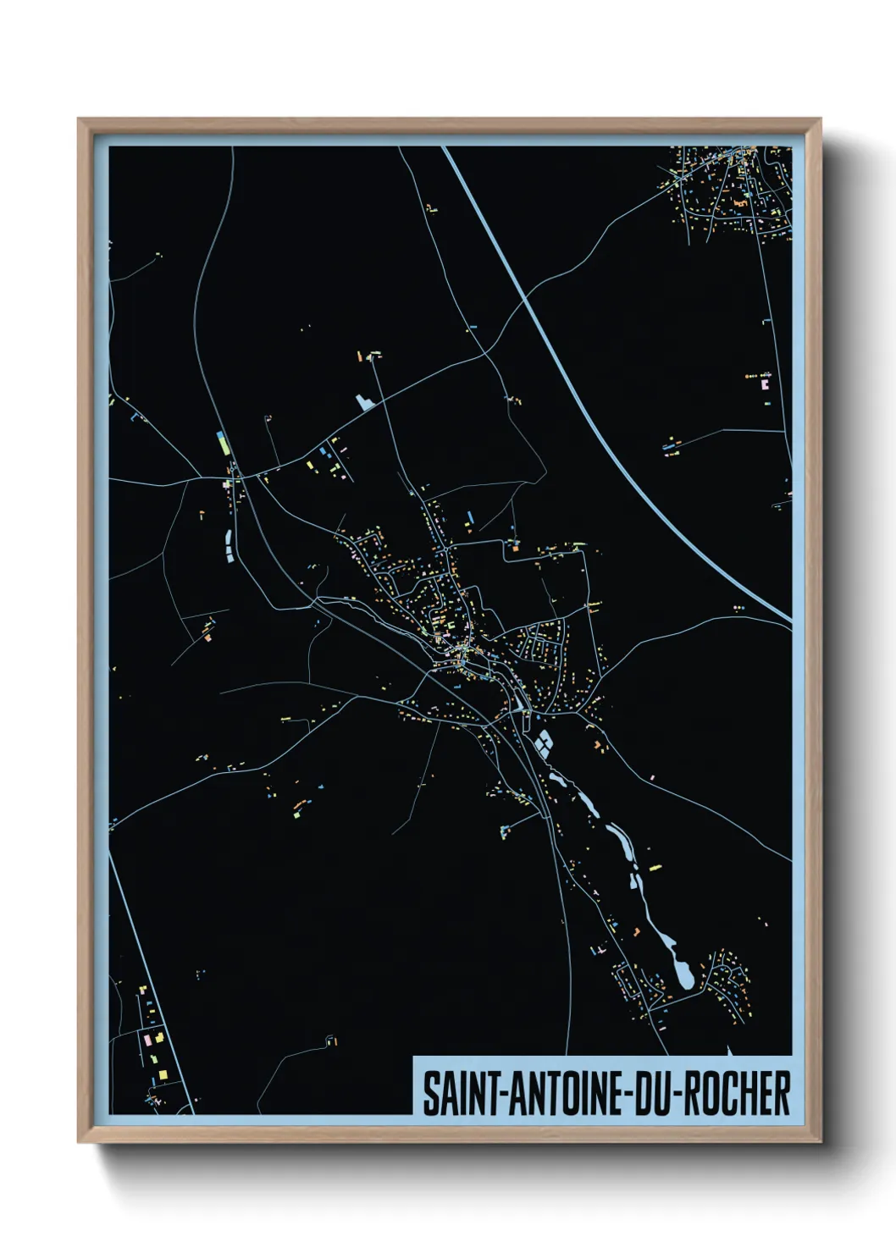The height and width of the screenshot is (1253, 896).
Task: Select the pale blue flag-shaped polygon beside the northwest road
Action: [366, 401]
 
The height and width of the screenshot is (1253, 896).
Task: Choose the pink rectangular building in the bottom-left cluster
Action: [147, 1037]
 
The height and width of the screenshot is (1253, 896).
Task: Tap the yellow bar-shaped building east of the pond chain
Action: [653, 866]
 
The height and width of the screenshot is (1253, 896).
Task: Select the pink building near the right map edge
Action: [766, 384]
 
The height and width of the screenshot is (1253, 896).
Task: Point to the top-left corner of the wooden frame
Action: [80, 119]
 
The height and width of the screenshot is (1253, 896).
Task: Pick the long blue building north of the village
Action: [468, 516]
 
